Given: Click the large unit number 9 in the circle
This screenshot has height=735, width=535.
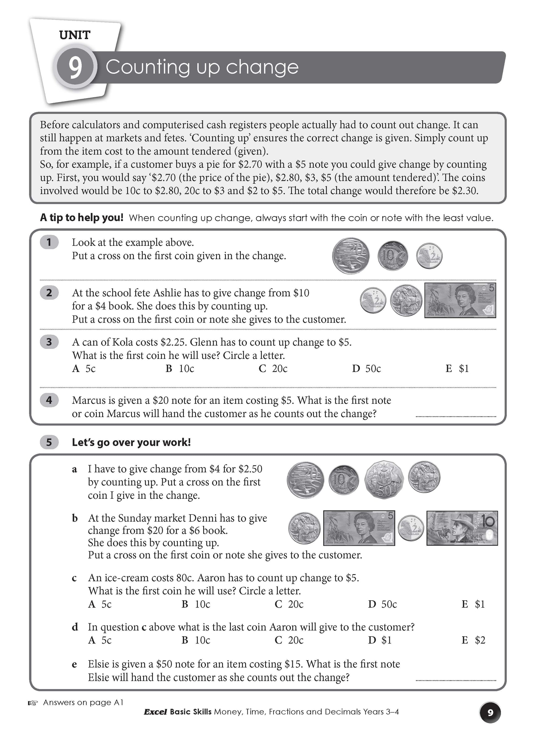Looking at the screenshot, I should (x=75, y=67).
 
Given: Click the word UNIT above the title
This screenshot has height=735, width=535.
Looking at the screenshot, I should (x=75, y=35).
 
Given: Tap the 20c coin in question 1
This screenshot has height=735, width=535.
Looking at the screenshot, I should (x=351, y=255).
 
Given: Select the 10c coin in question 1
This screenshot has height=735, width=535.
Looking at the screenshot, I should (x=393, y=256).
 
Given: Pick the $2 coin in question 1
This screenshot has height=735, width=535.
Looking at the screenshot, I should (x=429, y=256).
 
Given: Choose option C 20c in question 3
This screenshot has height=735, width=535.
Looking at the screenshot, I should (x=273, y=368).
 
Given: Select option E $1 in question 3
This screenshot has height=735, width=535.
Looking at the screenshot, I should (x=457, y=368).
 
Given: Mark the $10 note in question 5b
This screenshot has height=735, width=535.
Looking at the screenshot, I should (x=462, y=528).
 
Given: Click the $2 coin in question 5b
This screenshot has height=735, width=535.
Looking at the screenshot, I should (x=410, y=528).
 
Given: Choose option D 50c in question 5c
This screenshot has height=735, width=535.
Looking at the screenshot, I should (x=382, y=604).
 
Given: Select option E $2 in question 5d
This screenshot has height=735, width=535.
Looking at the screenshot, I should (x=473, y=640).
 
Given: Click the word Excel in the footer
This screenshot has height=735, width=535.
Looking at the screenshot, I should (x=156, y=712).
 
